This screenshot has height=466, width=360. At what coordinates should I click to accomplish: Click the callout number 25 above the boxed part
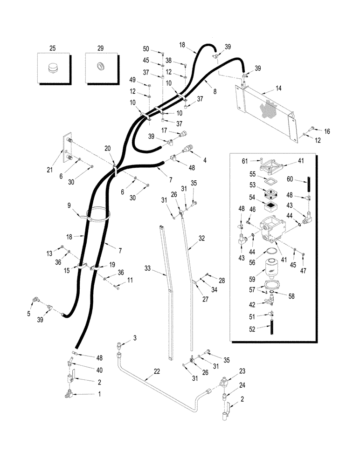pos(52,48)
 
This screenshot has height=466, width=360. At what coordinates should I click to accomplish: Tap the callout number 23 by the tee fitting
pos(242,371)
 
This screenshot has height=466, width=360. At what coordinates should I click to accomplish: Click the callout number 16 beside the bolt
pos(327,132)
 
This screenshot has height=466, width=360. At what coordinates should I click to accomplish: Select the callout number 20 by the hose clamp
pos(108,148)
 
